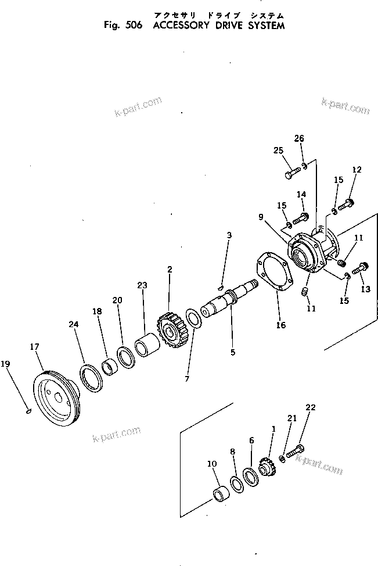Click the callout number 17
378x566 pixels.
point(34,347)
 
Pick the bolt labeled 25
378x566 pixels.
point(293,173)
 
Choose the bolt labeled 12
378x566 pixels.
point(348,203)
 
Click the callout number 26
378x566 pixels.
point(299,138)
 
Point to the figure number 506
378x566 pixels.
point(133,26)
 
